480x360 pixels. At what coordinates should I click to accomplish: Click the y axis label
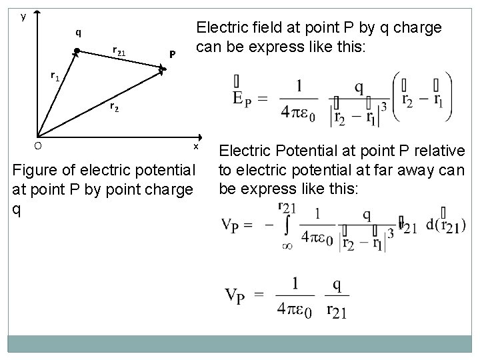(23, 17)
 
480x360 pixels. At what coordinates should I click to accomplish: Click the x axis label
(196, 146)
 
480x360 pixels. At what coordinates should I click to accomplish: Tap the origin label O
(38, 145)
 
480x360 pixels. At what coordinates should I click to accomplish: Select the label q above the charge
(78, 31)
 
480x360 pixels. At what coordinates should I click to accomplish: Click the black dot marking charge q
(77, 51)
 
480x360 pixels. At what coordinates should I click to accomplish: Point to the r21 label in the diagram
(121, 50)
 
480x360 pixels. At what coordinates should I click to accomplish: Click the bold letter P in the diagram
(172, 54)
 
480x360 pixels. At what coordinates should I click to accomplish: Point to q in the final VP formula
(337, 285)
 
